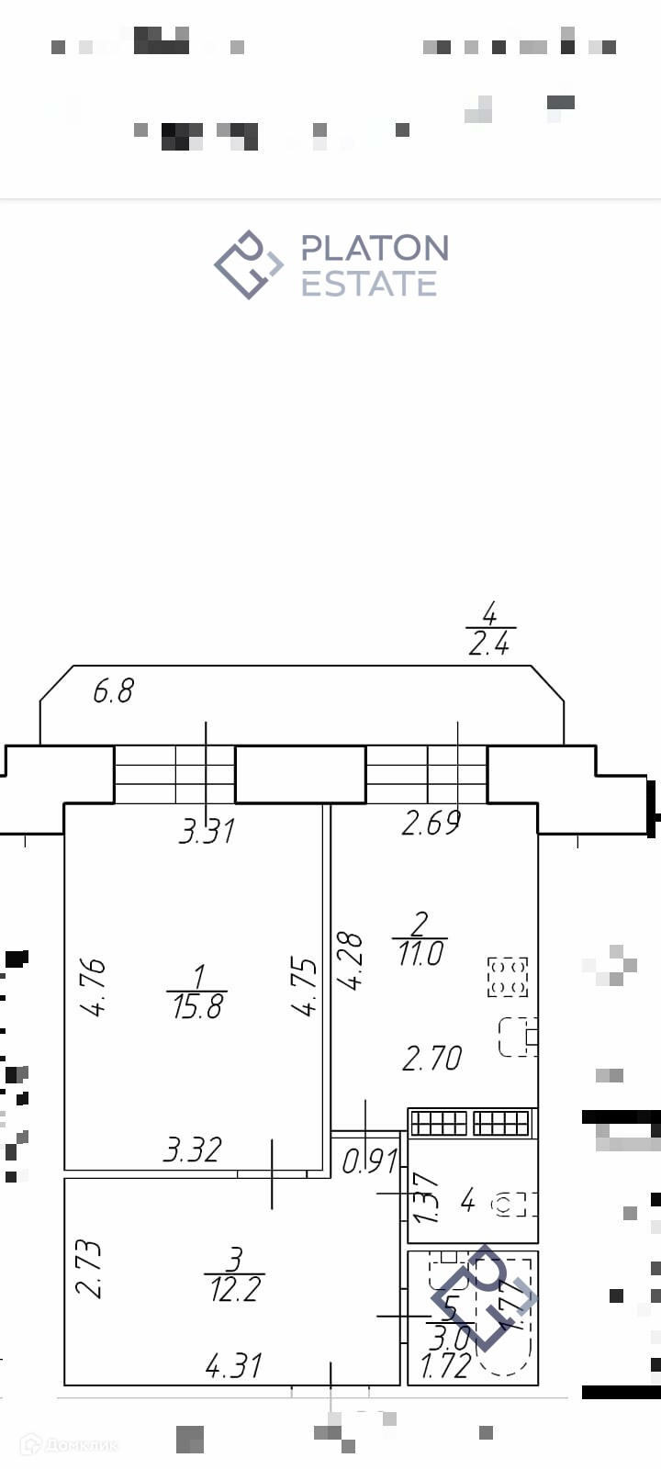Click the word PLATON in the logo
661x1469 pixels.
coord(375,248)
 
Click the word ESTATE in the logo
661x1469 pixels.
coord(369,284)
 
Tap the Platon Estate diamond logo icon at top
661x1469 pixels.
coord(248,264)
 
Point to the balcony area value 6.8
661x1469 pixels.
coord(113,690)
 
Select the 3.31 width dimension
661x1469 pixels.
coord(207,832)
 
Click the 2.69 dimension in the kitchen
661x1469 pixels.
coord(431,824)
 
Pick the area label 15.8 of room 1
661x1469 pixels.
coord(197,1007)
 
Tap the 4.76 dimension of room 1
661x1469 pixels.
coord(93,987)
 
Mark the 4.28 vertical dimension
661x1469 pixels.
coord(350,961)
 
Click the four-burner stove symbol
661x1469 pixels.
coord(508,976)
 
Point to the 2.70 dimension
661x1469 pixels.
coord(431,1059)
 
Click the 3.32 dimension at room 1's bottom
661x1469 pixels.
coord(193,1149)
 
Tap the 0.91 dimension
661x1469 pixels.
coord(369,1162)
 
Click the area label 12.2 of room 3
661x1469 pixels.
coord(235,1289)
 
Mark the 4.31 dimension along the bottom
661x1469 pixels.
coord(234,1366)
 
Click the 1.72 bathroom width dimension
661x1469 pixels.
coord(445,1366)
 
